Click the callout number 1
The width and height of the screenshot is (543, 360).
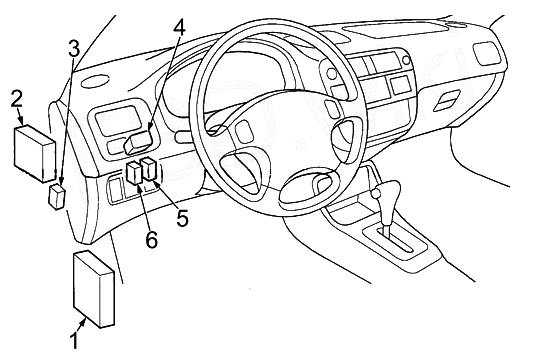point(74,341)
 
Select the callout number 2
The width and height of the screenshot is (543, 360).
point(16,99)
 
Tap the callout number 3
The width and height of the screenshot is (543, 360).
point(74,48)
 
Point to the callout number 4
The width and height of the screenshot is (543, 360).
point(179,27)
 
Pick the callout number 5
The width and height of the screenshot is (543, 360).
point(183,218)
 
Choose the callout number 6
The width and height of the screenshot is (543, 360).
point(151,239)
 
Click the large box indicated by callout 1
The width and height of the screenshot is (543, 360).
point(94,289)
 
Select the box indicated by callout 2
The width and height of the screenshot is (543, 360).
point(35,154)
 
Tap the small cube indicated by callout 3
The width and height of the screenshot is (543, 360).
point(57,197)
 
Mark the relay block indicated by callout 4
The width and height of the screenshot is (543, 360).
point(138,143)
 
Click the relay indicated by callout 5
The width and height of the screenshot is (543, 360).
point(150,169)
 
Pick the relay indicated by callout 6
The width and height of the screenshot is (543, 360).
point(134,173)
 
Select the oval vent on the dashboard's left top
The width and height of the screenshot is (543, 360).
point(94,82)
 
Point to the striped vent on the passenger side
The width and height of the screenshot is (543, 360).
point(447,100)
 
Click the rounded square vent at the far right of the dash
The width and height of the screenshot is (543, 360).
point(488,54)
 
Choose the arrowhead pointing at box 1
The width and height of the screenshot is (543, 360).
point(83,323)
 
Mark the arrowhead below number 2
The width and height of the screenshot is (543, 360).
point(20,121)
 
